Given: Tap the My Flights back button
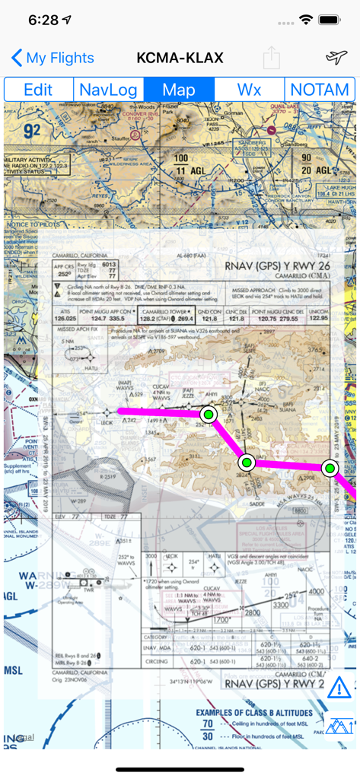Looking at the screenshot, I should click(53, 58).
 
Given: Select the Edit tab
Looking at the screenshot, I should click(38, 90).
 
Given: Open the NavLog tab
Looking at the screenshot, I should click(108, 90).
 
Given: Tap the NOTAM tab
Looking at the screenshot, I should click(320, 90).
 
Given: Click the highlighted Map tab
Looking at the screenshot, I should click(179, 90).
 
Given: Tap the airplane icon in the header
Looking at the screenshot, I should click(336, 58).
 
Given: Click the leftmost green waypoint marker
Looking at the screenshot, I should click(209, 414).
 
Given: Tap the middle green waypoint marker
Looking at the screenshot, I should click(247, 462).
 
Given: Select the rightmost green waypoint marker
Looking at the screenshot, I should click(330, 468).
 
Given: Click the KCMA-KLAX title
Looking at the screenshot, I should click(180, 58).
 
